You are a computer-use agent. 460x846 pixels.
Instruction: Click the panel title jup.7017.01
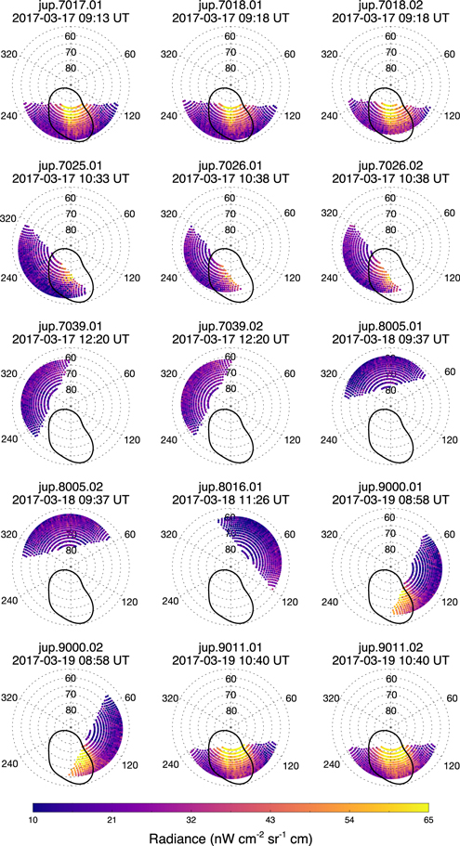click(x=78, y=8)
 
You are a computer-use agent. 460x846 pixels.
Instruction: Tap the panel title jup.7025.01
click(x=78, y=172)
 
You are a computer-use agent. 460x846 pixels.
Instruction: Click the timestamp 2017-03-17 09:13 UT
click(x=78, y=22)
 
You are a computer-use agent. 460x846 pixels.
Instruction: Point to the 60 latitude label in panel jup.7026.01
click(x=229, y=204)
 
